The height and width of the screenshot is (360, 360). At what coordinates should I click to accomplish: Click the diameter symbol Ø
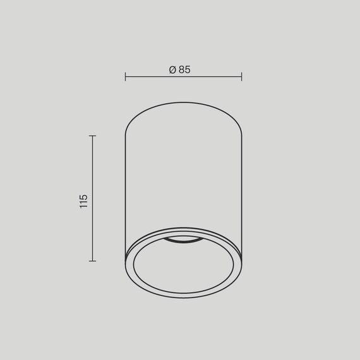pos(172,70)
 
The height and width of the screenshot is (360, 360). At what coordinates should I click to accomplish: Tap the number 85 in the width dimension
pos(184,70)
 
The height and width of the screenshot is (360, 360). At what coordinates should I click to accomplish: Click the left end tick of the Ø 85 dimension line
pos(126,77)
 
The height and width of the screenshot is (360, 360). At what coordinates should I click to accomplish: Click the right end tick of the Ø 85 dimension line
pos(241,77)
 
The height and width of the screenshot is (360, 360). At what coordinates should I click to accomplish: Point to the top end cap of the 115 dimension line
pos(93,136)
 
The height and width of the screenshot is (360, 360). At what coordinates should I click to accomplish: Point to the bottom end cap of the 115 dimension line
pos(93,260)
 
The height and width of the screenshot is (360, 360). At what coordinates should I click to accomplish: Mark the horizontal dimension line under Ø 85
pos(183,77)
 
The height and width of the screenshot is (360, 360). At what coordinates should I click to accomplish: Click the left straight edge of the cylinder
pos(125,189)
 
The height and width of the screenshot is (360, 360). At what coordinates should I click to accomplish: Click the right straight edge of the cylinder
pos(242,189)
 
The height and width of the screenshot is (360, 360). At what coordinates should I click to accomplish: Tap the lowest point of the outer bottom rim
pos(183,297)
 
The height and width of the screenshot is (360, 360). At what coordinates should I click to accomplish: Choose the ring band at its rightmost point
pos(238,262)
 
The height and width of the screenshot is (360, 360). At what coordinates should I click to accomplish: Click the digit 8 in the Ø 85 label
pos(181,70)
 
